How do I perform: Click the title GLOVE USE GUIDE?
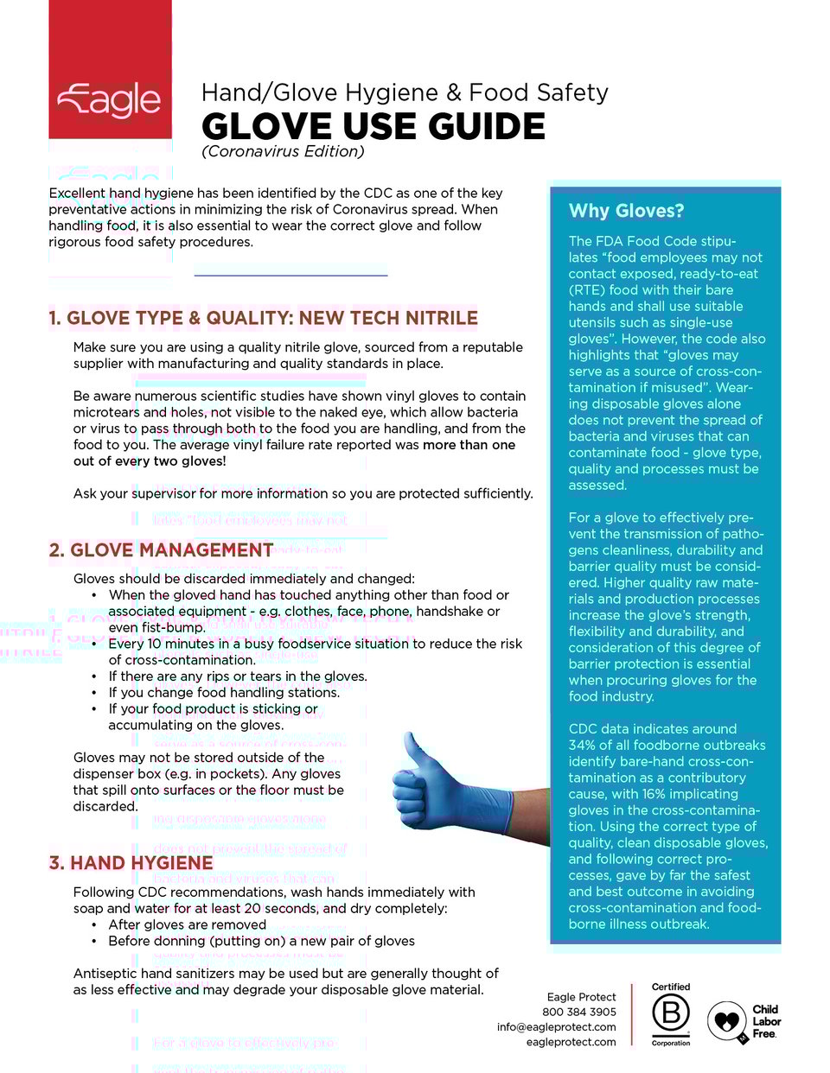pos(373,127)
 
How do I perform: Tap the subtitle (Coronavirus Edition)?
pos(283,152)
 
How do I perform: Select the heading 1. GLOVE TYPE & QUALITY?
pos(263,318)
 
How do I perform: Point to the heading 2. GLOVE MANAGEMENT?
pos(161,550)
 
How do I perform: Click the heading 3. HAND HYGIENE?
pos(131,863)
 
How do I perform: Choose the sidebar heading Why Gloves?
pos(626,211)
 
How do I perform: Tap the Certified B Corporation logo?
pos(671,1013)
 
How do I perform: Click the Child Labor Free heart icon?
pos(726,1021)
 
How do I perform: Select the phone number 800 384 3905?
pos(578,1012)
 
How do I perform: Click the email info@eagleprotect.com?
pos(556,1027)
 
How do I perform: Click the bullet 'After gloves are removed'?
pos(187,924)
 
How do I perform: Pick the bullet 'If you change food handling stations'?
pos(224,692)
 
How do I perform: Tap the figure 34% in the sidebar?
pos(583,746)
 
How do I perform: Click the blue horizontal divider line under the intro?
pos(290,275)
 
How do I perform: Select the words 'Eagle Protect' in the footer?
pos(581,997)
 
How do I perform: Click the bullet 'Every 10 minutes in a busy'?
pos(315,644)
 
